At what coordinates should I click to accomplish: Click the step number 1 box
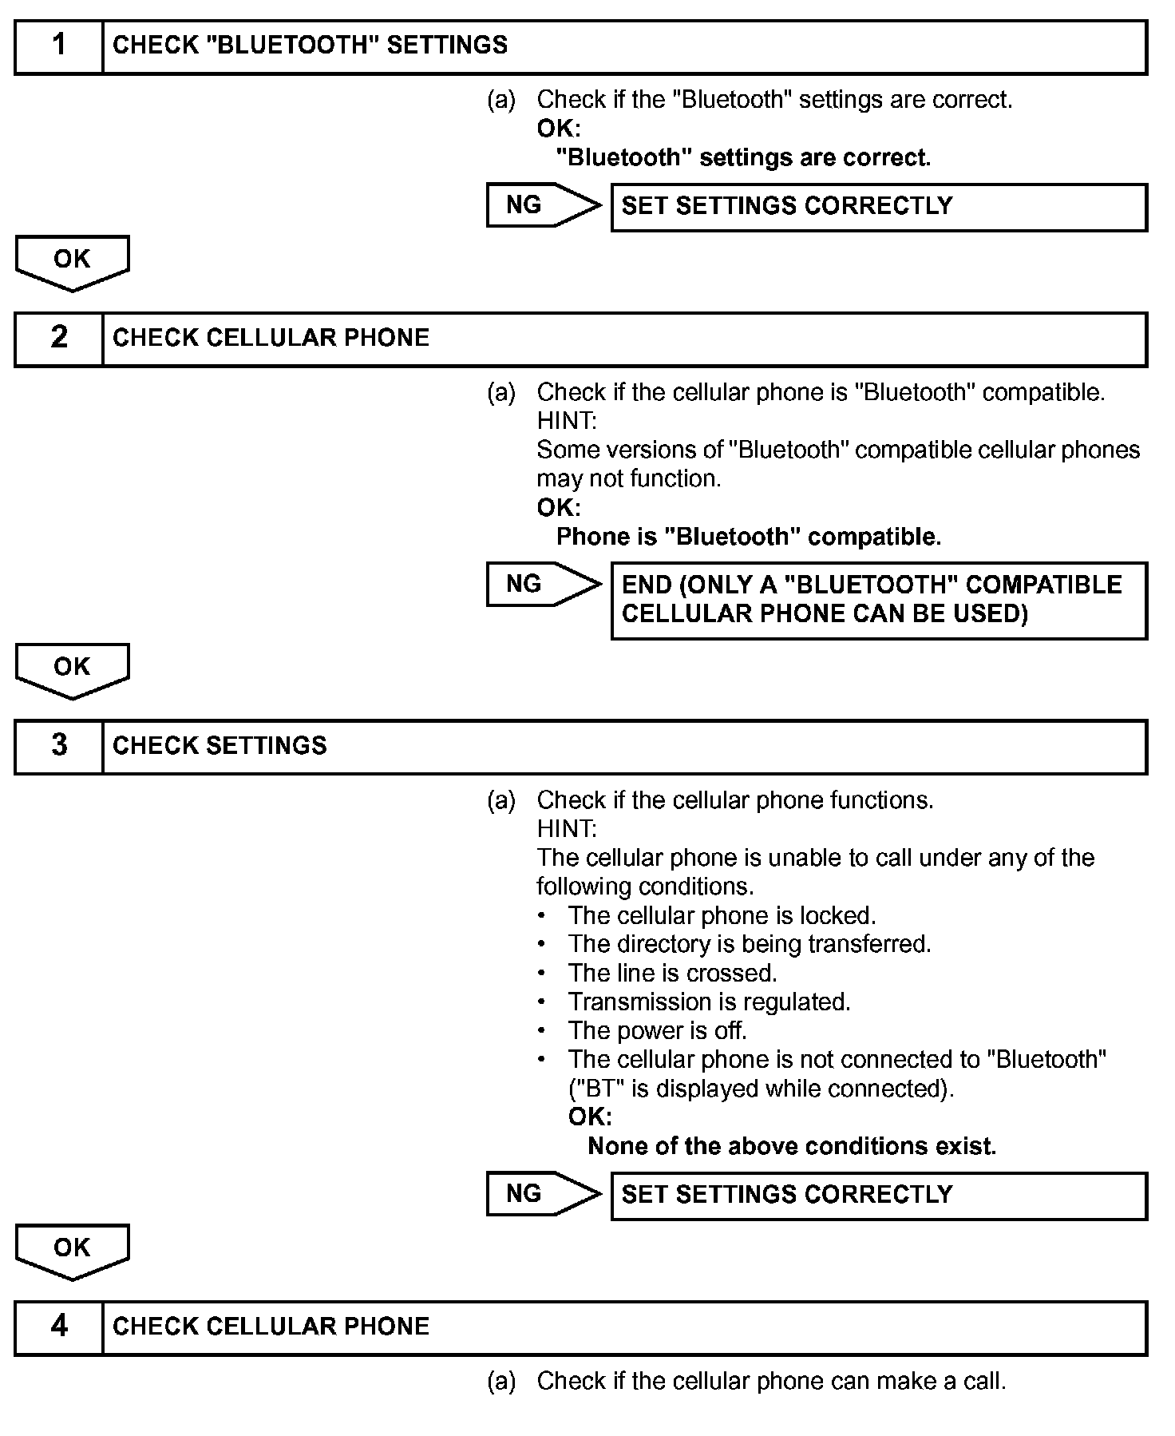(59, 47)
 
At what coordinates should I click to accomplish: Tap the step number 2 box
(59, 339)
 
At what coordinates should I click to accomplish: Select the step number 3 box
(59, 747)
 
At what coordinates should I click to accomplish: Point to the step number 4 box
(59, 1328)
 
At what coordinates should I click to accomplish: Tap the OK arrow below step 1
(72, 261)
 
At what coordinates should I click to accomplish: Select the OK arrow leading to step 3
(72, 669)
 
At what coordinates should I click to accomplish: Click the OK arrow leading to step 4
(72, 1250)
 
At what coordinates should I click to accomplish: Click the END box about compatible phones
(878, 600)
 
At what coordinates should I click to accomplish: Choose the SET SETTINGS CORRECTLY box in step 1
(878, 207)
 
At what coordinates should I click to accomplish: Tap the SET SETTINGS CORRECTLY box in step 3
(878, 1196)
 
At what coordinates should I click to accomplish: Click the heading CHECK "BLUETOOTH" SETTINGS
(310, 46)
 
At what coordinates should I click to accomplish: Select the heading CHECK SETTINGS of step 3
(220, 746)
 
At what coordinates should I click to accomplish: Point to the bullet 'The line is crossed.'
(672, 974)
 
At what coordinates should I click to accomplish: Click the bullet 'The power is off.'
(657, 1031)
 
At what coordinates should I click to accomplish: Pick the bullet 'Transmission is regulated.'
(709, 1002)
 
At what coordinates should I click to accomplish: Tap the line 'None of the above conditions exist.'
(791, 1147)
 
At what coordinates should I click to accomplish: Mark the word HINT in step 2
(566, 421)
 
